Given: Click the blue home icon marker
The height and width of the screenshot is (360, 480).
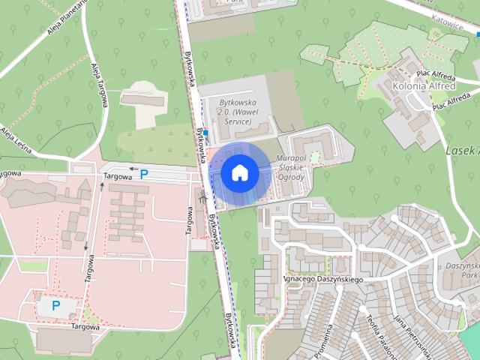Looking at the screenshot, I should (x=239, y=173).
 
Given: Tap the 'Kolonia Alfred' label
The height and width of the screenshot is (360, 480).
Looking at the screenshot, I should (x=424, y=86).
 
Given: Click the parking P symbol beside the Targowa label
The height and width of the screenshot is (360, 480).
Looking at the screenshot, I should (x=144, y=174).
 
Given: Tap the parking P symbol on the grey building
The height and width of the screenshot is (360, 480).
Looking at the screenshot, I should (x=55, y=306).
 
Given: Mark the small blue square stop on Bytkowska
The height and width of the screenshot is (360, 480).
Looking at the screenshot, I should (x=205, y=132).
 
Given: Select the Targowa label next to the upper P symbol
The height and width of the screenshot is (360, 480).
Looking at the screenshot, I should (x=118, y=177).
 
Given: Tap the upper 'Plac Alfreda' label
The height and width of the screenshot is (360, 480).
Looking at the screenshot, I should (x=434, y=74).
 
